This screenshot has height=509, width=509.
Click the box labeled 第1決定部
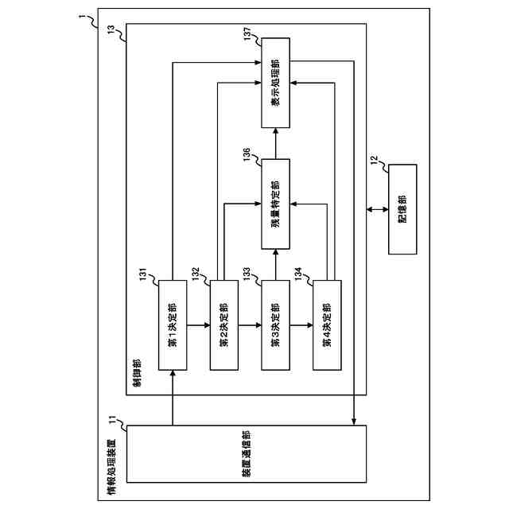point(173,324)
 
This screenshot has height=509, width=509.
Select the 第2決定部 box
point(223,324)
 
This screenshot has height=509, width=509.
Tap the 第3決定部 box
point(275,324)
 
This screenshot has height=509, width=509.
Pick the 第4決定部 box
point(327,324)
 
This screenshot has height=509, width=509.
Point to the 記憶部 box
point(402,208)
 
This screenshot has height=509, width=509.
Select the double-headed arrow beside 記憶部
point(377,210)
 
